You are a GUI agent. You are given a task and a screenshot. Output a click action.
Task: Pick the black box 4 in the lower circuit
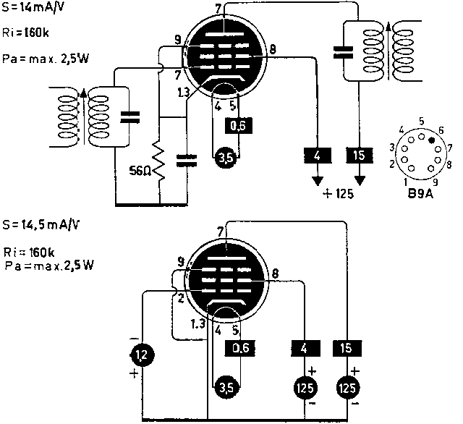[302, 349]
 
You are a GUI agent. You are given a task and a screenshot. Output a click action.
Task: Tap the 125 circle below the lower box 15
[346, 389]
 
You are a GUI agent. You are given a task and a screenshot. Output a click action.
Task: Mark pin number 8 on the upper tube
[273, 50]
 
